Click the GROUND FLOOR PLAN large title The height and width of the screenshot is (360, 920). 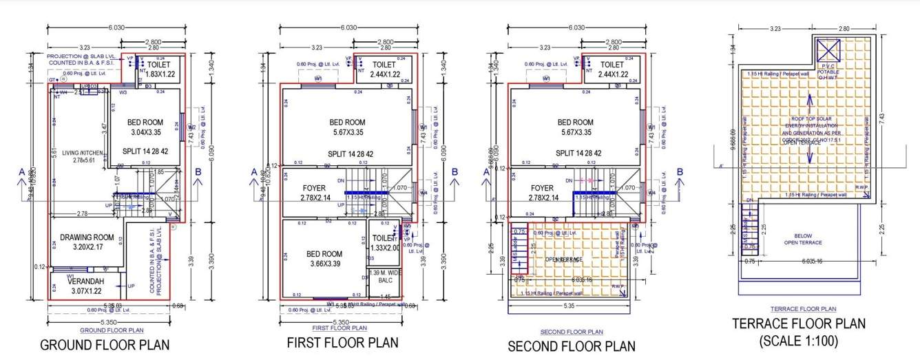click(x=105, y=345)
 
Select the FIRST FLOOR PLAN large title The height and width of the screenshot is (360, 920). click(x=342, y=343)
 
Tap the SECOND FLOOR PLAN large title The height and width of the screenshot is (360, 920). click(x=572, y=346)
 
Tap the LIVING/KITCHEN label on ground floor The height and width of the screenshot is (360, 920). click(x=77, y=152)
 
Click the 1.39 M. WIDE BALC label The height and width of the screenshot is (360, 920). click(x=385, y=277)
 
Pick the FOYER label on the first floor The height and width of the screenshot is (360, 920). click(x=313, y=188)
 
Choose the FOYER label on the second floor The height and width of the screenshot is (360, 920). click(x=542, y=188)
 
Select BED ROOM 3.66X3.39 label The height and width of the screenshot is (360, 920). click(x=322, y=259)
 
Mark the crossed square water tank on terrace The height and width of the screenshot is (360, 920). click(x=828, y=50)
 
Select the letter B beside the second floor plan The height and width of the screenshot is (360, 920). click(x=680, y=172)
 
